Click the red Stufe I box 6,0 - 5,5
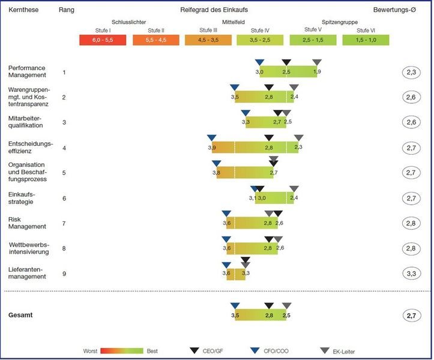(x=102, y=40)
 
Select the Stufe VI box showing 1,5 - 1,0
(x=365, y=40)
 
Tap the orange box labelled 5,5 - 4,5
(x=155, y=40)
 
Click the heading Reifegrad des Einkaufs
(x=214, y=10)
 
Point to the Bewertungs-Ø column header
(x=394, y=10)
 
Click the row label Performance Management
(x=27, y=71)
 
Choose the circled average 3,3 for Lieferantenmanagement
(x=411, y=274)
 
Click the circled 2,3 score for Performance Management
(x=411, y=72)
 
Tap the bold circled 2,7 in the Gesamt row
(x=411, y=315)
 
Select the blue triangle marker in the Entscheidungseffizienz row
(x=211, y=138)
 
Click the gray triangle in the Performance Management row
(x=317, y=63)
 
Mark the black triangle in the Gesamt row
(x=269, y=306)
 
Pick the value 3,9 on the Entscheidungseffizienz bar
(x=211, y=148)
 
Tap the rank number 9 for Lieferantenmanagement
(x=64, y=274)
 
